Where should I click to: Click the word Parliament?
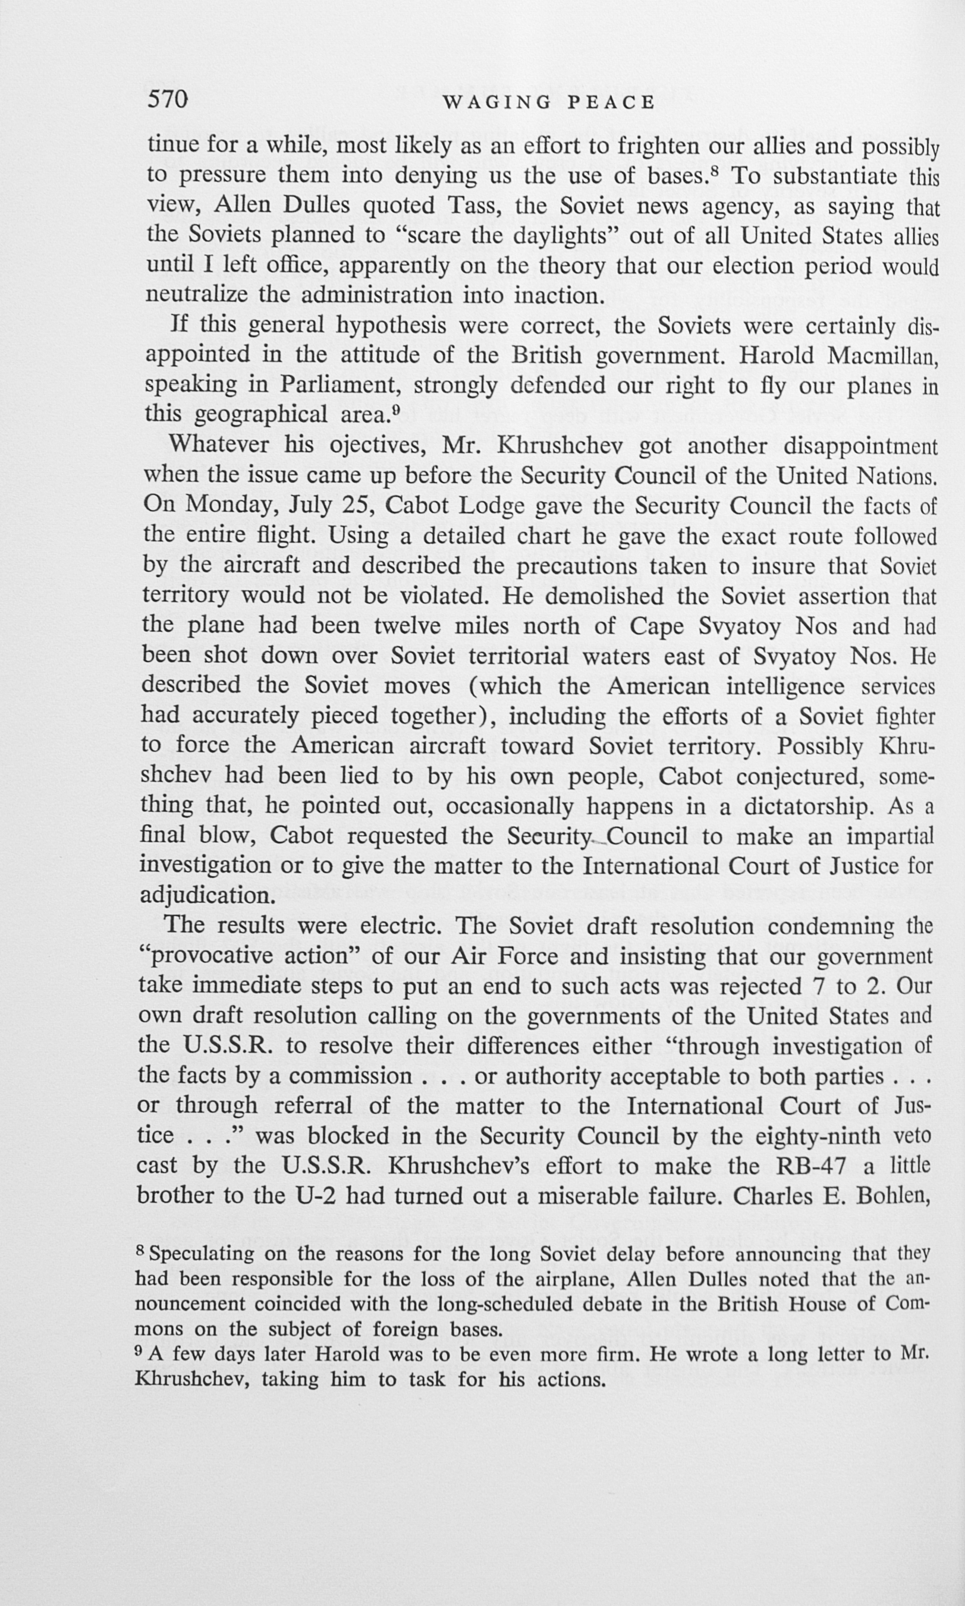[338, 385]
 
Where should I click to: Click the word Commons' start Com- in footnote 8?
[909, 1304]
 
